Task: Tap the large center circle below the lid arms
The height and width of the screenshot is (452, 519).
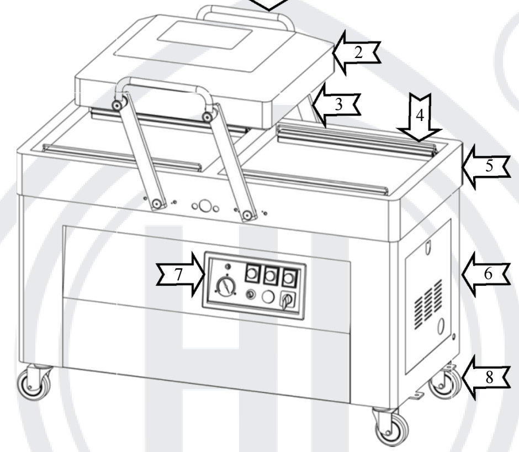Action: (206, 207)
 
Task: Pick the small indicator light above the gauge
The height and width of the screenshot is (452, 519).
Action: (227, 266)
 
